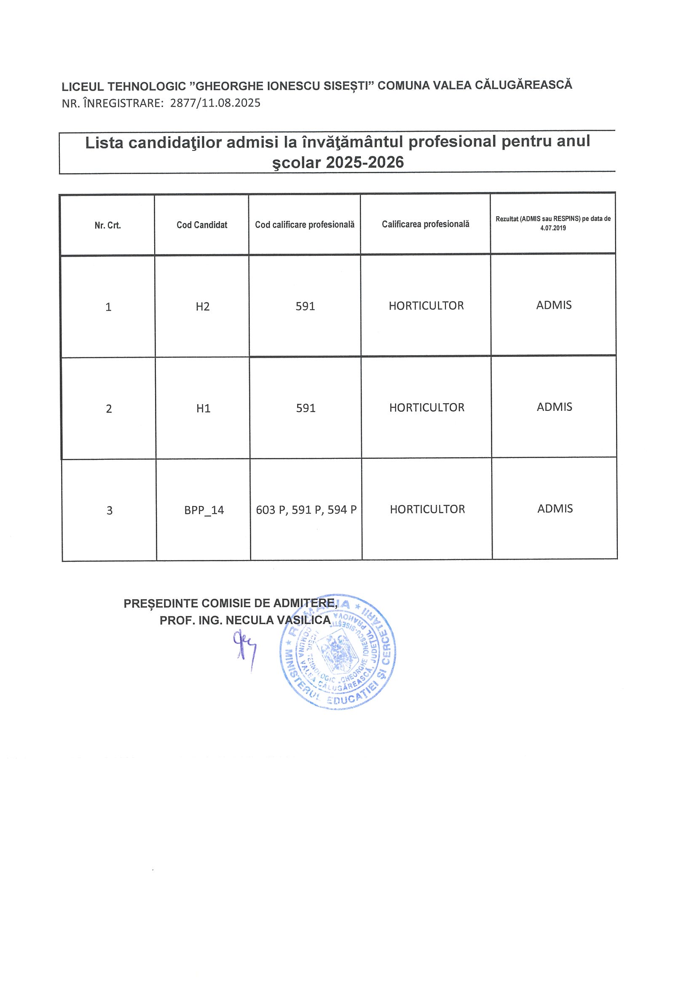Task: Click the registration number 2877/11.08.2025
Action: point(215,103)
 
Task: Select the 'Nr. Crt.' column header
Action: point(108,225)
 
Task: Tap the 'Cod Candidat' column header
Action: point(202,225)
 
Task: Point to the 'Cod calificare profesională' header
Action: point(305,225)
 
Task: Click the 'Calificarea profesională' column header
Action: point(425,224)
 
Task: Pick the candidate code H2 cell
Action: point(202,307)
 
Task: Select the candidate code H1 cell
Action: point(203,408)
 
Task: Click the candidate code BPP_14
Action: point(204,510)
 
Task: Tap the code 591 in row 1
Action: point(306,306)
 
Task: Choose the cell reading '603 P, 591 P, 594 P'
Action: point(306,510)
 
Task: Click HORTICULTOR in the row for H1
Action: point(427,407)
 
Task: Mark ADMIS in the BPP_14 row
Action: point(555,509)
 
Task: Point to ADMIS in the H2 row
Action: point(554,305)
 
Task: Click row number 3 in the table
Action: point(110,511)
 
